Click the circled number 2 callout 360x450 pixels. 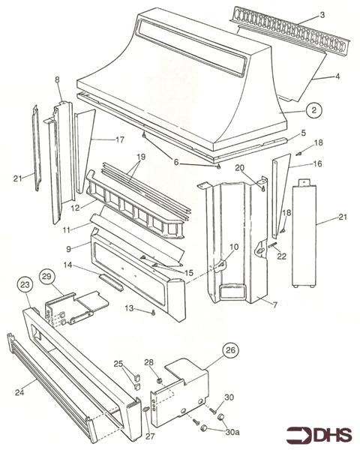coord(316,109)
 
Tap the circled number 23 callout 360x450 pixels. coord(25,285)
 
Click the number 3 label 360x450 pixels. coord(322,14)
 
